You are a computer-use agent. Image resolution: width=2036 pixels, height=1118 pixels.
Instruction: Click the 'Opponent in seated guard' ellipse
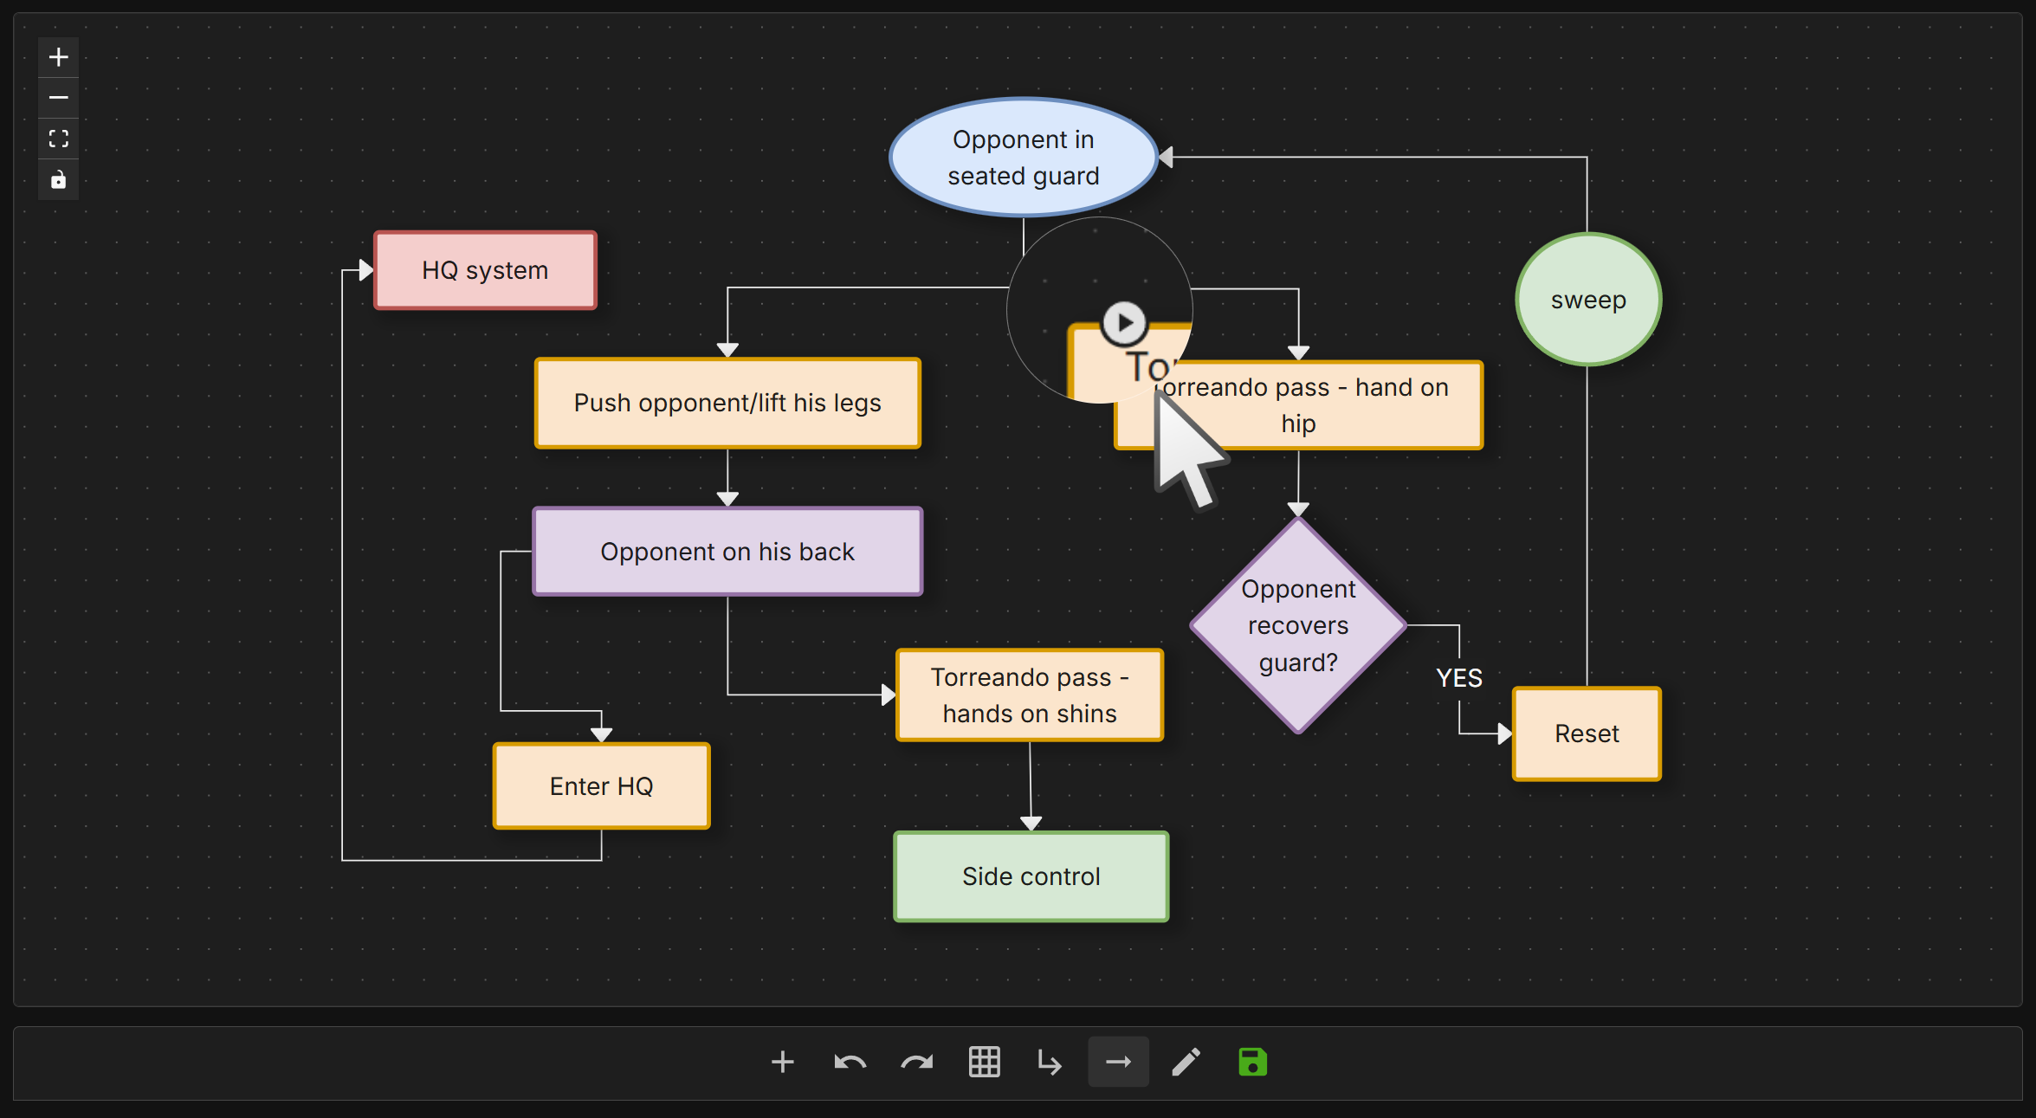pos(1023,157)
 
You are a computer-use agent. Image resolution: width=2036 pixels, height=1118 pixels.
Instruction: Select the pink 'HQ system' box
pos(485,270)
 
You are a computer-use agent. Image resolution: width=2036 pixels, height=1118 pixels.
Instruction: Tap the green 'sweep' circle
pos(1588,300)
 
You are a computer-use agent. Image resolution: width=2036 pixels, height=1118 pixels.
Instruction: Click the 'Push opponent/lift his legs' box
pos(727,403)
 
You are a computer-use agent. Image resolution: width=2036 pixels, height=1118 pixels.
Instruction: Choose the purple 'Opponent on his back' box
pos(727,552)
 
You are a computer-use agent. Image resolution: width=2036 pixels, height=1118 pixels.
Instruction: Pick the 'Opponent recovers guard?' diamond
pos(1298,625)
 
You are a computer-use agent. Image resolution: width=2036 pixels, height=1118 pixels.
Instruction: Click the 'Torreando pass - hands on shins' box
pos(1030,695)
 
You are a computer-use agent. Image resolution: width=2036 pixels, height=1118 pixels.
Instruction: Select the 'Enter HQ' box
pos(602,786)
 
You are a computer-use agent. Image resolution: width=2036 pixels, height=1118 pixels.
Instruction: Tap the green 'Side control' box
pos(1031,876)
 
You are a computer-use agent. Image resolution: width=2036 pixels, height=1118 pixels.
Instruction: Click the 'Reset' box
pos(1587,733)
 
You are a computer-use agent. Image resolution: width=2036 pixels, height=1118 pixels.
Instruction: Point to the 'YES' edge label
pos(1459,678)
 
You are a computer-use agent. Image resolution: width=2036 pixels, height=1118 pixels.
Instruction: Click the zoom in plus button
pos(59,57)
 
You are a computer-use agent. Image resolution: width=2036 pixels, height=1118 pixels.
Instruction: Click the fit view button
pos(59,139)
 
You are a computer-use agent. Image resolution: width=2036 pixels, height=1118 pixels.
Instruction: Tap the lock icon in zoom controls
pos(59,179)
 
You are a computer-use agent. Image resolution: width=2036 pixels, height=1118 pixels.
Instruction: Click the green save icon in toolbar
pos(1252,1062)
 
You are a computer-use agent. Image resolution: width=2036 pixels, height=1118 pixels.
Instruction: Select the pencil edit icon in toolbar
pos(1186,1062)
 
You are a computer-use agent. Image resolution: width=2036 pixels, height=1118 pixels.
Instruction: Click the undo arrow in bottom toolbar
pos(850,1062)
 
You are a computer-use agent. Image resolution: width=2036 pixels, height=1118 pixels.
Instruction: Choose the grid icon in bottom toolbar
pos(984,1062)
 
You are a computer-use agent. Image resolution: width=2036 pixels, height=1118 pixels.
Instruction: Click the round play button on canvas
pos(1124,323)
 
